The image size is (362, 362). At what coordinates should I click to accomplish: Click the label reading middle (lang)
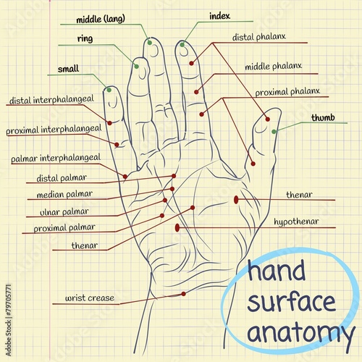tap(101, 19)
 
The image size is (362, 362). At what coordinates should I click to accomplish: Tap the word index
tap(219, 16)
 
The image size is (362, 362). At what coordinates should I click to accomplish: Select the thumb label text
tap(323, 117)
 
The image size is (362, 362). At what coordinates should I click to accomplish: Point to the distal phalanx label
tap(259, 37)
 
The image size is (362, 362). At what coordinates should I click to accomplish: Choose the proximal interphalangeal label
tap(54, 130)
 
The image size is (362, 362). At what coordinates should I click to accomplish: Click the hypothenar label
tap(296, 222)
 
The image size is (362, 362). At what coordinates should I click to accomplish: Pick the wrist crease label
tap(90, 298)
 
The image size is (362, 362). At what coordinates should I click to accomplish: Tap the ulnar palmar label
tap(64, 212)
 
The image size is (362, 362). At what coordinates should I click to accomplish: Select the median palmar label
tap(64, 194)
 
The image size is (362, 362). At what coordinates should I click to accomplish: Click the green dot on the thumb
tap(274, 132)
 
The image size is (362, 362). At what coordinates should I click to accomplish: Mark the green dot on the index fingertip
tap(182, 45)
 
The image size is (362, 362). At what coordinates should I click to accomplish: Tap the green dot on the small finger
tap(109, 90)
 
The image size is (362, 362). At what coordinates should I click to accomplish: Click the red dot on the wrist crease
tap(183, 294)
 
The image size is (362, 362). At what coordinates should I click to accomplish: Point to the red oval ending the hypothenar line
tap(177, 227)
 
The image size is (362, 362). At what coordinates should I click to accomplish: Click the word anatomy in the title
tap(301, 332)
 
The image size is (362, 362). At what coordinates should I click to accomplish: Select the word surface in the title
tap(292, 301)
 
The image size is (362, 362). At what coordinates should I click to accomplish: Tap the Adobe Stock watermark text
tap(9, 320)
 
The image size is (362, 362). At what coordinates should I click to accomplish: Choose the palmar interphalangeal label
tap(56, 158)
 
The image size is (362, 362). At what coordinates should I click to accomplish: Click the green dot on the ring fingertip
tap(136, 67)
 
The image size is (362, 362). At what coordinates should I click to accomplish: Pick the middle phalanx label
tap(274, 67)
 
